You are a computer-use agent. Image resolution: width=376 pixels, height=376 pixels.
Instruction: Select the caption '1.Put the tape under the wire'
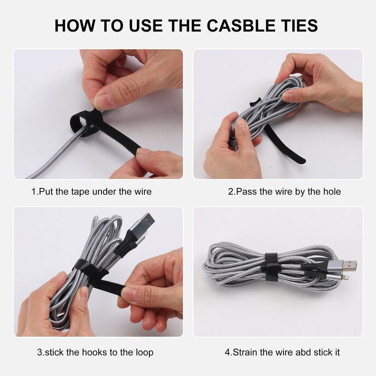point(91,191)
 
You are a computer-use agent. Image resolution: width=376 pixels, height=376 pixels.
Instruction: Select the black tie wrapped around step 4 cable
point(271,263)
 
